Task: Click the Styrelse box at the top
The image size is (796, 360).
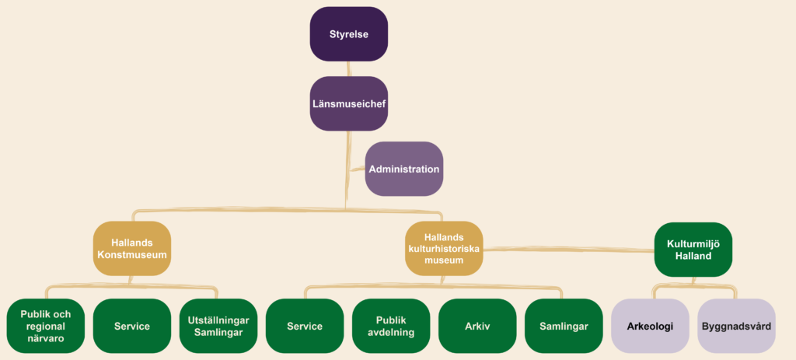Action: click(x=348, y=34)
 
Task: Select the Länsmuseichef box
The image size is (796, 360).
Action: click(x=348, y=103)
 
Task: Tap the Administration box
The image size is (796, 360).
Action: click(x=404, y=169)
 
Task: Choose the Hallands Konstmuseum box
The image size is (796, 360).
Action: click(x=132, y=248)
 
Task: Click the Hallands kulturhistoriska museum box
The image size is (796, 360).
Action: click(x=444, y=248)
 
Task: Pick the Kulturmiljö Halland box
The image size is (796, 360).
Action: click(x=693, y=249)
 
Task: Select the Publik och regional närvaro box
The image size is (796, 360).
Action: click(x=45, y=326)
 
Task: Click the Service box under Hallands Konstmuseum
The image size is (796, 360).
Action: click(x=131, y=326)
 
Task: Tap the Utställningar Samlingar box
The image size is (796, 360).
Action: click(x=218, y=326)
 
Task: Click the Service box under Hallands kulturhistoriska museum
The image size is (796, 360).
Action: click(x=305, y=326)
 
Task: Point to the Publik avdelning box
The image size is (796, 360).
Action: click(x=391, y=326)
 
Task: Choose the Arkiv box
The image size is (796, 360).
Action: click(x=477, y=326)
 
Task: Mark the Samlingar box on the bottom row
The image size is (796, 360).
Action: click(x=564, y=326)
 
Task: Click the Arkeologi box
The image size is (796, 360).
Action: click(x=650, y=326)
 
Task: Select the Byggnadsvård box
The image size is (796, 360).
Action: click(x=736, y=326)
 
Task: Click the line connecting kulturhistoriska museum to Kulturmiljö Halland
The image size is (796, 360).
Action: click(x=567, y=250)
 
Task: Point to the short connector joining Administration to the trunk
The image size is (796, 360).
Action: click(x=356, y=169)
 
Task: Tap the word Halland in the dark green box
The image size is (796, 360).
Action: click(x=693, y=255)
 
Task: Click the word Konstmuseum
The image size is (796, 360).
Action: click(x=132, y=254)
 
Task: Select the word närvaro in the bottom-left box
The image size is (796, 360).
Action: click(x=45, y=338)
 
